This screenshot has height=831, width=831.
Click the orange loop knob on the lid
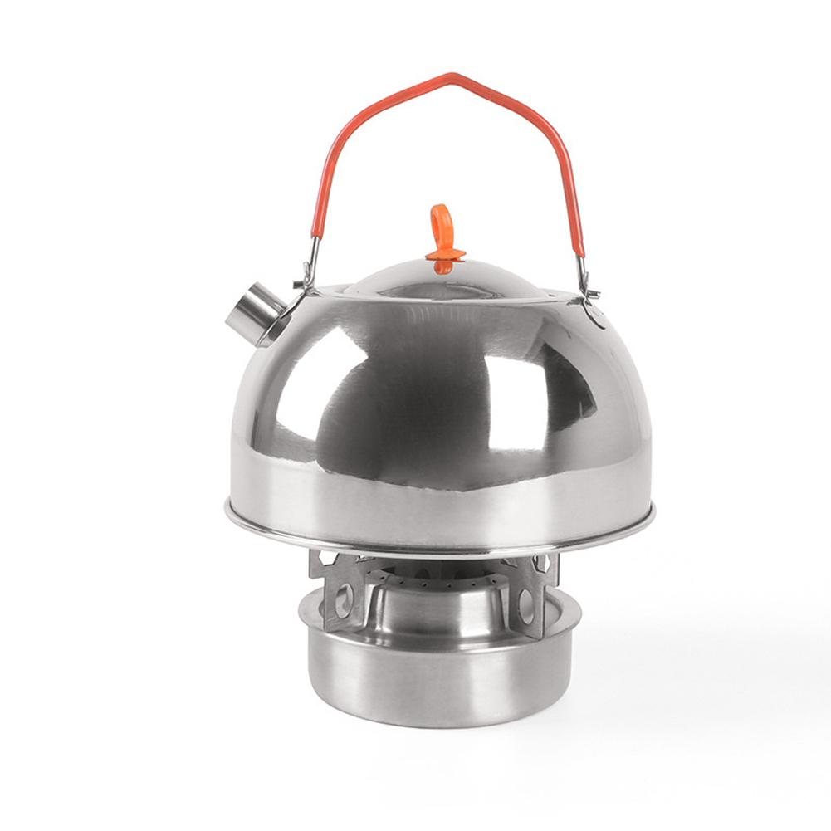point(442,222)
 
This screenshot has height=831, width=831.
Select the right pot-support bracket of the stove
point(535,594)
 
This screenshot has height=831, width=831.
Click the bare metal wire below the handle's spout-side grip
point(310,253)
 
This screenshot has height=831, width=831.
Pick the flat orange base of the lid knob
point(446,253)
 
